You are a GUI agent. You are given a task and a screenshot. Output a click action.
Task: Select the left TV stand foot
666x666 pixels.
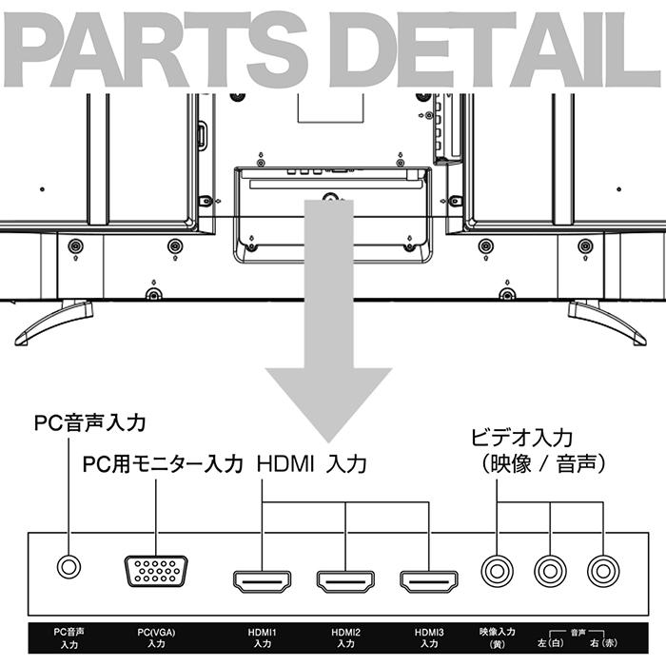coord(52,321)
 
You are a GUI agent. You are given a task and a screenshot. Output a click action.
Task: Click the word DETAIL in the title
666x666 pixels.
coord(494,49)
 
